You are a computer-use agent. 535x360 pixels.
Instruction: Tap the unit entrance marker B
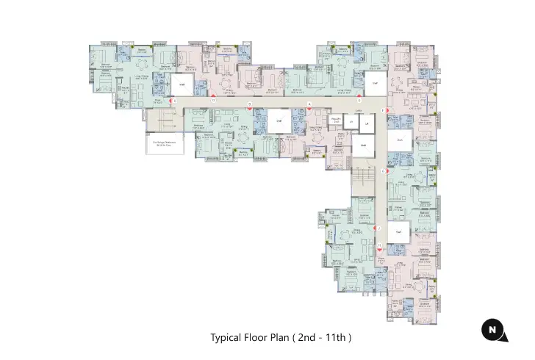(x=250, y=107)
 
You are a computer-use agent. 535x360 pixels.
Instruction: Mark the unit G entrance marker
(x=384, y=170)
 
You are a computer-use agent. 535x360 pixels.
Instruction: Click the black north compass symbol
(x=493, y=331)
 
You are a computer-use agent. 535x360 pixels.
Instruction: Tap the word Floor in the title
(x=257, y=338)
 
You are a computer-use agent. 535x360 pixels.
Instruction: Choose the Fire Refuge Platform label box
(x=163, y=144)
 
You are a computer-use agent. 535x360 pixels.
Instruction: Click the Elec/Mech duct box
(x=336, y=120)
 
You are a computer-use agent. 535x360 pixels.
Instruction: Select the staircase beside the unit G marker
(x=361, y=180)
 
